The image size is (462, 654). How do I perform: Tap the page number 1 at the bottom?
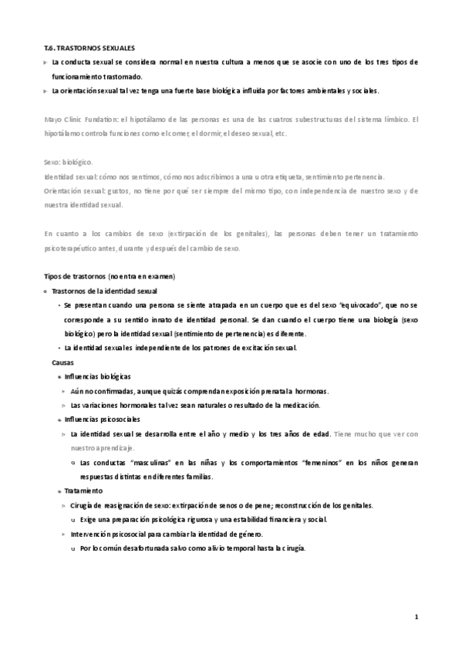click(416, 617)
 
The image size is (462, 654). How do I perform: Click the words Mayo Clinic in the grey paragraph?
click(62, 120)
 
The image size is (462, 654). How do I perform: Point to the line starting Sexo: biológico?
click(68, 163)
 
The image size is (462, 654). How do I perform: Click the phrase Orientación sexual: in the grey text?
click(73, 190)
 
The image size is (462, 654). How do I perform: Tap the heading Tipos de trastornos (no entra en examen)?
click(110, 276)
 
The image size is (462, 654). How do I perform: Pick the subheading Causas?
click(62, 362)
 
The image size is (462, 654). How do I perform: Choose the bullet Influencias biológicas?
click(98, 376)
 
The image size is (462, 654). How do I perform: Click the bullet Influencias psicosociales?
click(102, 420)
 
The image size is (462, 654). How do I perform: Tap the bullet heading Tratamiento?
click(84, 490)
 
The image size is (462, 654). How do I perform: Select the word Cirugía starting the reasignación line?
click(84, 505)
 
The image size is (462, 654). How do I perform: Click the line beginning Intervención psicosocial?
click(166, 534)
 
